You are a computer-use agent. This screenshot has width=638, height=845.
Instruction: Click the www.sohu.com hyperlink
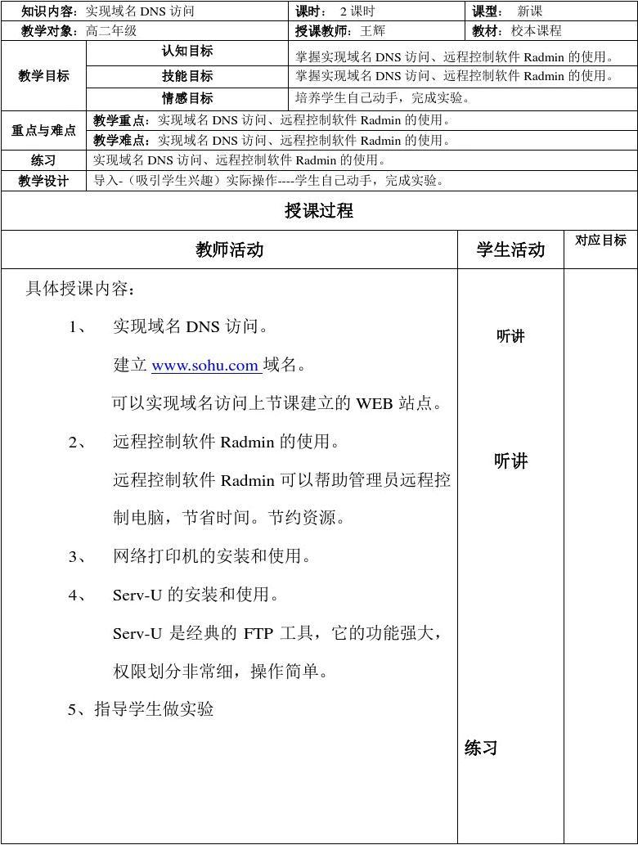205,366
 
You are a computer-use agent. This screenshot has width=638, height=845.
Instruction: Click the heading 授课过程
319,211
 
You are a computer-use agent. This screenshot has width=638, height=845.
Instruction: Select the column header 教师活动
230,250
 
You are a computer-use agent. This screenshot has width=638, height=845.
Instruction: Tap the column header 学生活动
510,250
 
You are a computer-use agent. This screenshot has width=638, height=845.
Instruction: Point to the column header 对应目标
600,240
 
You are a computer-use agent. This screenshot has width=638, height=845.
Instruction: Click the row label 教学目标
43,76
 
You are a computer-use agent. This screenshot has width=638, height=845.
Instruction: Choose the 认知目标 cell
187,52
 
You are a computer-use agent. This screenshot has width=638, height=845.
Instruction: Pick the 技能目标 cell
187,76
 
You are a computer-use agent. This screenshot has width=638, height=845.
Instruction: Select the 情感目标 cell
187,98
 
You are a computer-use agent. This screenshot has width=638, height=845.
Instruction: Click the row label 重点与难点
43,130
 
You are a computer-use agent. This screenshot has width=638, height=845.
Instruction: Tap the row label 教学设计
43,181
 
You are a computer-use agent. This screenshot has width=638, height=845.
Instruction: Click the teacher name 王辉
372,31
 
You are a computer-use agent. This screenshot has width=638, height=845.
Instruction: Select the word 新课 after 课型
530,11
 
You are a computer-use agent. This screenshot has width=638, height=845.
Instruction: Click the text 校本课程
537,31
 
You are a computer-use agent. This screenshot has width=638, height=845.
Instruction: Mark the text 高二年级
111,31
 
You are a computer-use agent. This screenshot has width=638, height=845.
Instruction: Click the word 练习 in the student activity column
481,748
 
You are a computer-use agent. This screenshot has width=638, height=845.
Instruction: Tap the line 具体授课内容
81,289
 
